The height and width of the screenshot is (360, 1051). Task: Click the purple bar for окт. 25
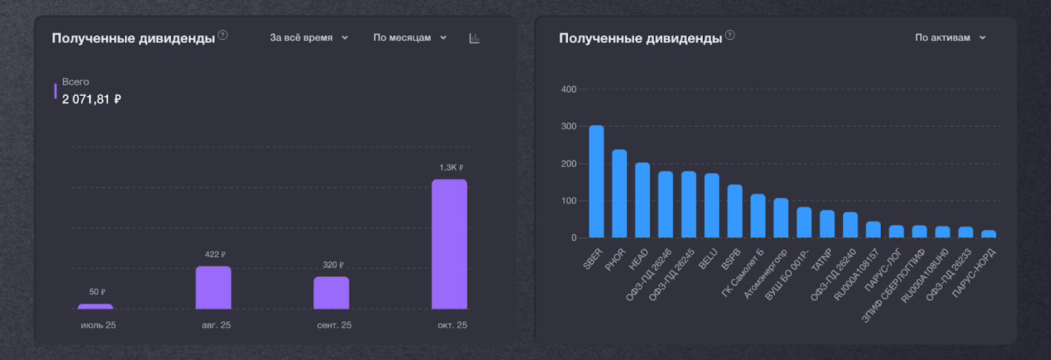click(x=449, y=244)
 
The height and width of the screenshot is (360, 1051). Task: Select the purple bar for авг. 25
click(x=213, y=288)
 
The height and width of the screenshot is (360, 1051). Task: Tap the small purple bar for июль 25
click(x=95, y=306)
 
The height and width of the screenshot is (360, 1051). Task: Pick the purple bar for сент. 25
click(x=331, y=293)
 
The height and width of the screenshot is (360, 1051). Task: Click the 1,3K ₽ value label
click(x=451, y=168)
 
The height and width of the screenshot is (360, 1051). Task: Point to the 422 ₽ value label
click(x=215, y=254)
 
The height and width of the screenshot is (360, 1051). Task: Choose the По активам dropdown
click(x=950, y=37)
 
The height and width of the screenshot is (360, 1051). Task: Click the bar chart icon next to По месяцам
click(x=474, y=38)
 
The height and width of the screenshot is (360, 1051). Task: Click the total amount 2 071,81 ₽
click(x=91, y=99)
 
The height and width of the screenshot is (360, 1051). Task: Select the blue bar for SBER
click(x=596, y=181)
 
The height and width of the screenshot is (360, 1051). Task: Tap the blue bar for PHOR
click(x=619, y=194)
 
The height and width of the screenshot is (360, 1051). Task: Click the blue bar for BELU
click(x=712, y=206)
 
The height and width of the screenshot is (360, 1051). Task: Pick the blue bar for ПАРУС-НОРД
click(x=989, y=234)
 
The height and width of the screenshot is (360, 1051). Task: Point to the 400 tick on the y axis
click(x=569, y=89)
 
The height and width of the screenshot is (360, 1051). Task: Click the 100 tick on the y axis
click(x=569, y=201)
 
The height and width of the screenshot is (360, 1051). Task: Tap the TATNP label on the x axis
click(x=822, y=260)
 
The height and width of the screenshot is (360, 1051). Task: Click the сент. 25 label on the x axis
click(x=334, y=325)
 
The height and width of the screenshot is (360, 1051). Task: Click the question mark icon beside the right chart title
click(x=730, y=35)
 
